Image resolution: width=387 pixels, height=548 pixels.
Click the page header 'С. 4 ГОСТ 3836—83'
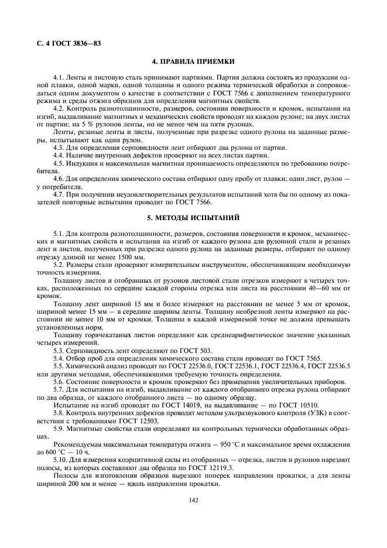(64, 43)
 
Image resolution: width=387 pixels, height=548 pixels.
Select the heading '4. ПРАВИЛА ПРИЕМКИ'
(193, 61)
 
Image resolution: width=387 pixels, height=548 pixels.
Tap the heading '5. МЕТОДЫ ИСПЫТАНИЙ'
(193, 218)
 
